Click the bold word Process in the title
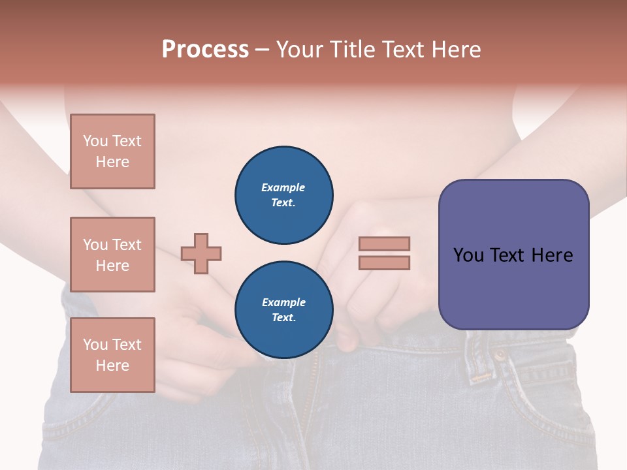pyautogui.click(x=205, y=50)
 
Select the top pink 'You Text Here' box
pyautogui.click(x=112, y=151)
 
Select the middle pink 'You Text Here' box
pyautogui.click(x=112, y=255)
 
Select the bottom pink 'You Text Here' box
pyautogui.click(x=112, y=355)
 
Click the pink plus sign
pyautogui.click(x=201, y=253)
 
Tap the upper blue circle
pyautogui.click(x=283, y=195)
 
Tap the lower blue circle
pyautogui.click(x=283, y=310)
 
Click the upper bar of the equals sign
pyautogui.click(x=384, y=243)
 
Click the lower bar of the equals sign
pyautogui.click(x=384, y=262)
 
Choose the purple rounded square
pyautogui.click(x=513, y=255)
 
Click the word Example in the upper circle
pyautogui.click(x=283, y=187)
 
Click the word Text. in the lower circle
pyautogui.click(x=283, y=318)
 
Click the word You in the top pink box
pyautogui.click(x=95, y=141)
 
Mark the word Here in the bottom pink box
pyautogui.click(x=112, y=366)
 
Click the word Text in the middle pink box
pyautogui.click(x=127, y=245)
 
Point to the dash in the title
pyautogui.click(x=262, y=50)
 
